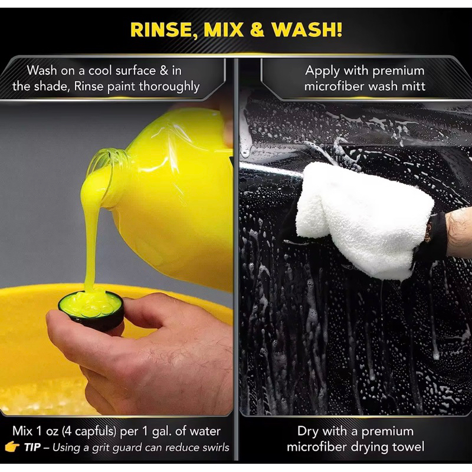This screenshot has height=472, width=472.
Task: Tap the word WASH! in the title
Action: point(307,29)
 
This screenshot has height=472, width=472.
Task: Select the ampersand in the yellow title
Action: point(257,29)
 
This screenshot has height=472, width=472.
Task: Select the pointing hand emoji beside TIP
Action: point(12,447)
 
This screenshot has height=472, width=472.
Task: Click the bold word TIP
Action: point(32,447)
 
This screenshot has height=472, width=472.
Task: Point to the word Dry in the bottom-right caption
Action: point(307,431)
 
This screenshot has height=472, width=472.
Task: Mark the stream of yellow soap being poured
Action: point(90,235)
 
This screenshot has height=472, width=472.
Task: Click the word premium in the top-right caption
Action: point(398,71)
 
